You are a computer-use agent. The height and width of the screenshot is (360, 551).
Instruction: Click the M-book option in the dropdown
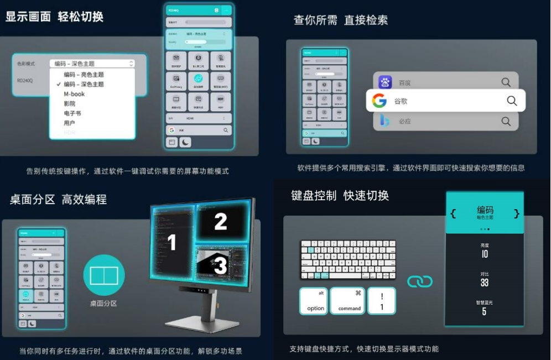[74, 94]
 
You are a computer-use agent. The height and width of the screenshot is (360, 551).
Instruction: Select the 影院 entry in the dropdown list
[70, 103]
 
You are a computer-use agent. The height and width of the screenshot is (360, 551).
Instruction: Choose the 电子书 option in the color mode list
[72, 113]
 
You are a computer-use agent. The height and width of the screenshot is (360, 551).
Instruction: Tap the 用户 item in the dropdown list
[70, 123]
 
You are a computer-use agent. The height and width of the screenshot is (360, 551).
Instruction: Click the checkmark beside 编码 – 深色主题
[58, 85]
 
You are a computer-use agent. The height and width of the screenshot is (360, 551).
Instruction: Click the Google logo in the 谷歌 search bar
[380, 101]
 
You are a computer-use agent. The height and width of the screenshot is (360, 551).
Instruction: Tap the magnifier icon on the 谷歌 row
[512, 101]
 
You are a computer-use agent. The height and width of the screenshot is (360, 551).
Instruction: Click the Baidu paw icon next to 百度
[385, 82]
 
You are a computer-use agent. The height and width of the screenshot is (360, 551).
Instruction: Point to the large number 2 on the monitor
[221, 222]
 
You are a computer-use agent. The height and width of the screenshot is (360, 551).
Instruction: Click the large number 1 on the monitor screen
[172, 242]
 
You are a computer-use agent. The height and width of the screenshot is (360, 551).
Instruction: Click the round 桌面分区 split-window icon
[104, 275]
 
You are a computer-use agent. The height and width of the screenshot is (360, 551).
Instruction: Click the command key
[347, 301]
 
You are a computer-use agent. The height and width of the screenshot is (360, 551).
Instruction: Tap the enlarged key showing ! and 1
[382, 301]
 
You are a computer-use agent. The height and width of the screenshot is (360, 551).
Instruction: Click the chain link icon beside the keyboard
[420, 281]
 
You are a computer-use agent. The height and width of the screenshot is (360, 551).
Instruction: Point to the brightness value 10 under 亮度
[485, 254]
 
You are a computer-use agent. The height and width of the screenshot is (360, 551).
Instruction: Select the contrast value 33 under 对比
[485, 283]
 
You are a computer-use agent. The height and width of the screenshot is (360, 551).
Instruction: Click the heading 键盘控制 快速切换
[340, 196]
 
